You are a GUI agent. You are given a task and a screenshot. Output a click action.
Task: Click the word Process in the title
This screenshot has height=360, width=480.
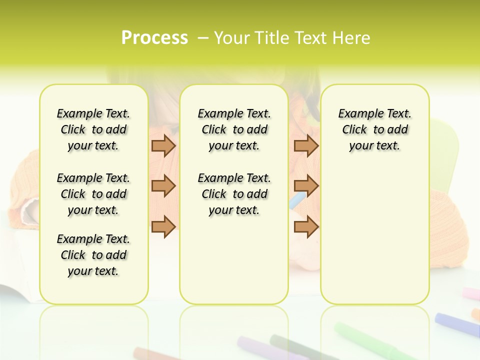(154, 38)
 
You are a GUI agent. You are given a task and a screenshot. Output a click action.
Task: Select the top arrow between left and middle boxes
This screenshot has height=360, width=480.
(163, 145)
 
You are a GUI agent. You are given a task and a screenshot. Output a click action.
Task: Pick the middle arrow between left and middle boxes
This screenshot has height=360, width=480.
(163, 186)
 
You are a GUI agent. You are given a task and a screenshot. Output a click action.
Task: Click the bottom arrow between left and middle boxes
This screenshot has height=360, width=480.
(163, 226)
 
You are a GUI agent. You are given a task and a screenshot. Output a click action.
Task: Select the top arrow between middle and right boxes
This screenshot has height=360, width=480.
(306, 145)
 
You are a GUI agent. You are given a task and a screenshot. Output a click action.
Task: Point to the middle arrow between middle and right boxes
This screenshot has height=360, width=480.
(306, 186)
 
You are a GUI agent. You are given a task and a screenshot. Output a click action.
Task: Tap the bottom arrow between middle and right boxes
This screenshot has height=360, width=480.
(306, 226)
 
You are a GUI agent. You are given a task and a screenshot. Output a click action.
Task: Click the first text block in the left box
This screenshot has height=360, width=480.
(93, 129)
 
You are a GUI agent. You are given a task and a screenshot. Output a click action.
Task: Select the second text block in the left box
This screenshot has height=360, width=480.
(93, 194)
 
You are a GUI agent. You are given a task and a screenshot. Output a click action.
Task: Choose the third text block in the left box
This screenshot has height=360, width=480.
(93, 255)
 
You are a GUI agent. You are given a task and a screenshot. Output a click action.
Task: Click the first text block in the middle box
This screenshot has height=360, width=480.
(234, 129)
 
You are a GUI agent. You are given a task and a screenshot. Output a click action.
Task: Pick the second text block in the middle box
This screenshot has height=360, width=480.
(234, 194)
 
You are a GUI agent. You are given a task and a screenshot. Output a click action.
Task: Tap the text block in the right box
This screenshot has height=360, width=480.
(375, 129)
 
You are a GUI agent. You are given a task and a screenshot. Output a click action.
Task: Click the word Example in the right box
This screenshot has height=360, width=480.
(357, 113)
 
